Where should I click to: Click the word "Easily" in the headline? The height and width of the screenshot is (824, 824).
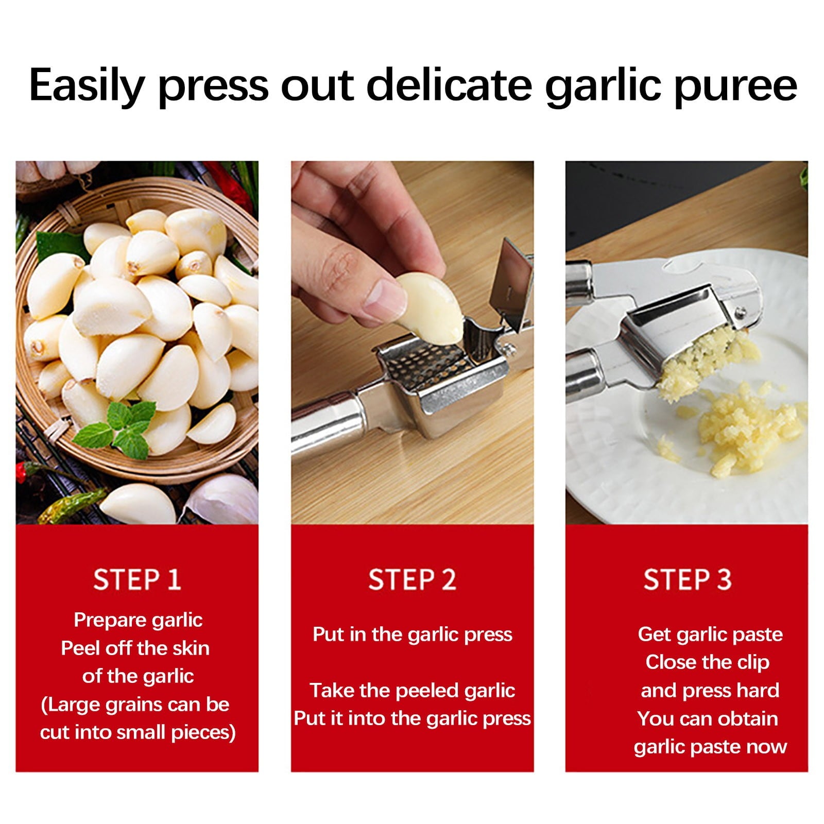pyautogui.click(x=85, y=85)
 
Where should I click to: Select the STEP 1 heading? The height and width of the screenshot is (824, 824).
pyautogui.click(x=137, y=579)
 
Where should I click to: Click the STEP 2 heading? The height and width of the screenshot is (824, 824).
pyautogui.click(x=412, y=579)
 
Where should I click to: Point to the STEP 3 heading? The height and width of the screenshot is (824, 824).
pyautogui.click(x=687, y=579)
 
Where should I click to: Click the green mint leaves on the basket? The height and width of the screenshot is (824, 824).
pyautogui.click(x=121, y=427)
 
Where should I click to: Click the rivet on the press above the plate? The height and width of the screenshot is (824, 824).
pyautogui.click(x=740, y=312)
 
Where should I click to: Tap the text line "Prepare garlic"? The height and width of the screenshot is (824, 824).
pyautogui.click(x=138, y=620)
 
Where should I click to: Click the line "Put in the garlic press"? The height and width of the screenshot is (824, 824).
pyautogui.click(x=412, y=634)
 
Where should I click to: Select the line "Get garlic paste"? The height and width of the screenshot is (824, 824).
pyautogui.click(x=710, y=634)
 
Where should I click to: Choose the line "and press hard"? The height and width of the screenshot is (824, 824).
pyautogui.click(x=710, y=690)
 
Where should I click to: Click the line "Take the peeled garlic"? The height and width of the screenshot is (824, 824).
pyautogui.click(x=412, y=690)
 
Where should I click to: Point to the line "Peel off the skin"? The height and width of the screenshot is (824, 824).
pyautogui.click(x=135, y=648)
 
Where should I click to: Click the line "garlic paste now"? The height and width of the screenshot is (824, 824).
pyautogui.click(x=710, y=746)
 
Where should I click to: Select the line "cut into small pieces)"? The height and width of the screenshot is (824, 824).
pyautogui.click(x=138, y=732)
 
